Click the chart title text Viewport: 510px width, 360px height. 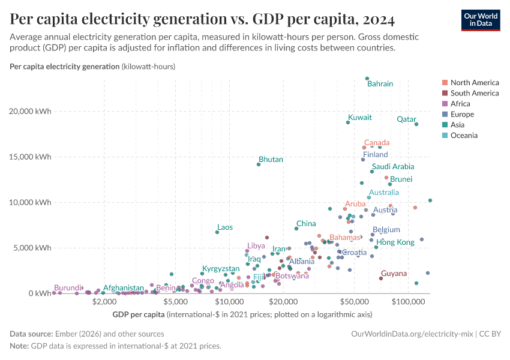202,20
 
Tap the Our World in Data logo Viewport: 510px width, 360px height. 480,19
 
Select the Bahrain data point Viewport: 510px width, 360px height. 367,79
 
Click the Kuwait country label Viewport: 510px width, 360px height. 360,118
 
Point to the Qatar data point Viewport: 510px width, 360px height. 416,124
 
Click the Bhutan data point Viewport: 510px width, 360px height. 259,164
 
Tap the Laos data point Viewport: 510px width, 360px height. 217,232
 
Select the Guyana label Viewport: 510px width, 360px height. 394,274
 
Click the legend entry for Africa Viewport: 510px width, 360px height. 461,104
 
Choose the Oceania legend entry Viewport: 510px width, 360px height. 464,136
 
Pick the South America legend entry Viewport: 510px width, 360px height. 474,93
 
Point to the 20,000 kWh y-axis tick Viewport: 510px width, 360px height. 35,112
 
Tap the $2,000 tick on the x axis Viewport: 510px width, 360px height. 104,302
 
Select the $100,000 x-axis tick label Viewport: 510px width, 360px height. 409,302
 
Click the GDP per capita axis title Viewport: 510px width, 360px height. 139,314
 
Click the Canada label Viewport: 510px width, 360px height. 377,143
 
